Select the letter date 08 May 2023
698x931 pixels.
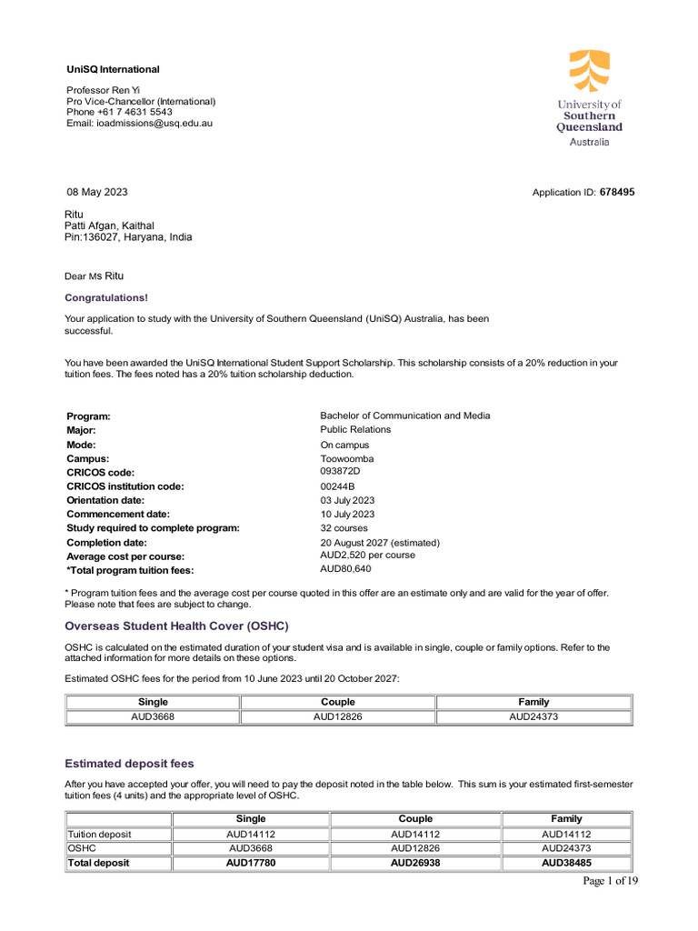pos(97,192)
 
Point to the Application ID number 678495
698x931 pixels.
pos(617,193)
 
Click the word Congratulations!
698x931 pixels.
pos(106,297)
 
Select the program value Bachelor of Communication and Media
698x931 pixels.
pos(404,415)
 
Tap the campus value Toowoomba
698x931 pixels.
pos(346,459)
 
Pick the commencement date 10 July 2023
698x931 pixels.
pos(347,515)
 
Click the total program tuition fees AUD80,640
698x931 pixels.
pos(345,569)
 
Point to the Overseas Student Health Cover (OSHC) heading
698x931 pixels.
pos(176,626)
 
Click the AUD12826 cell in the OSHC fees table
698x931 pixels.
pos(338,717)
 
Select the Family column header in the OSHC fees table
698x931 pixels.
pos(533,702)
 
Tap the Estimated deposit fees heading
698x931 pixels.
pos(129,764)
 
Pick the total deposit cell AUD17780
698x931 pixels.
pos(251,863)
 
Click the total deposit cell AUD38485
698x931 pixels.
pos(566,863)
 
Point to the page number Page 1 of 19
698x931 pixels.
pos(610,881)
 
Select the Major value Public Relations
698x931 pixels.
pos(355,429)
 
